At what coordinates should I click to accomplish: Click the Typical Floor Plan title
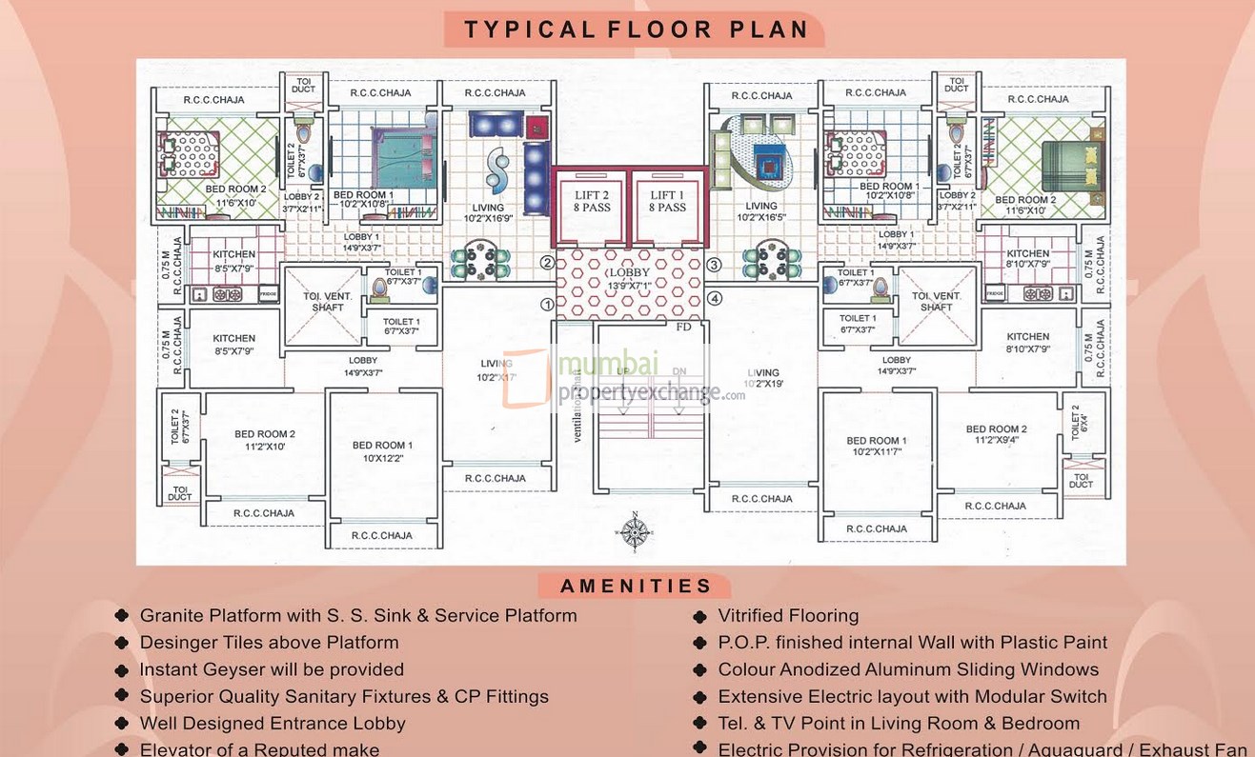click(x=636, y=30)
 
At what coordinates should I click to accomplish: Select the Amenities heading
click(x=636, y=587)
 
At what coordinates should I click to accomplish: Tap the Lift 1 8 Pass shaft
click(x=667, y=202)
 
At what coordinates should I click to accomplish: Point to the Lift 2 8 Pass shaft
click(x=591, y=202)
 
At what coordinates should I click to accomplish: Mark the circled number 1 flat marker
click(x=547, y=305)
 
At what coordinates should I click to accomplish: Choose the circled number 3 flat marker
click(x=714, y=264)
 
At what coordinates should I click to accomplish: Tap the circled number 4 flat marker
click(x=715, y=298)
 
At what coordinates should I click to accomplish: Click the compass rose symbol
click(x=635, y=531)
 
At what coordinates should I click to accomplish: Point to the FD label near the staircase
click(x=683, y=327)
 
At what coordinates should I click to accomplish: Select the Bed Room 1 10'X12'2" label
click(x=382, y=451)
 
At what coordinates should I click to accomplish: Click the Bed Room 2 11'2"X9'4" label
click(x=996, y=434)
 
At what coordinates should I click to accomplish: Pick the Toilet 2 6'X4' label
click(x=1076, y=420)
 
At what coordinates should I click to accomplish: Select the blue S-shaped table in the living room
click(x=496, y=169)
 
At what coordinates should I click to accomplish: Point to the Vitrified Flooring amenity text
click(x=788, y=616)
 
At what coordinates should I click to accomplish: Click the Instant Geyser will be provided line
click(x=272, y=669)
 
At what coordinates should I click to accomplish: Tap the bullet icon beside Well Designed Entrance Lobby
click(x=122, y=724)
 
